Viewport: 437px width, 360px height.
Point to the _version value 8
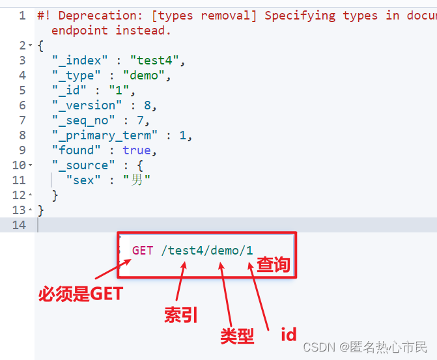click(153, 105)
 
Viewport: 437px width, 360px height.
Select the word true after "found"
click(137, 150)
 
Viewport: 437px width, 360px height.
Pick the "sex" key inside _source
click(84, 180)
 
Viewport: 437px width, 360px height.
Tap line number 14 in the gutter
click(19, 225)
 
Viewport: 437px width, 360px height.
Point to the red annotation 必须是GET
click(80, 294)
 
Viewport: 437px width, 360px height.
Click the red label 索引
click(180, 316)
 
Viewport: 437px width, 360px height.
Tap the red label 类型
click(237, 336)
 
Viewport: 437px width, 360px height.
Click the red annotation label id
click(289, 335)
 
